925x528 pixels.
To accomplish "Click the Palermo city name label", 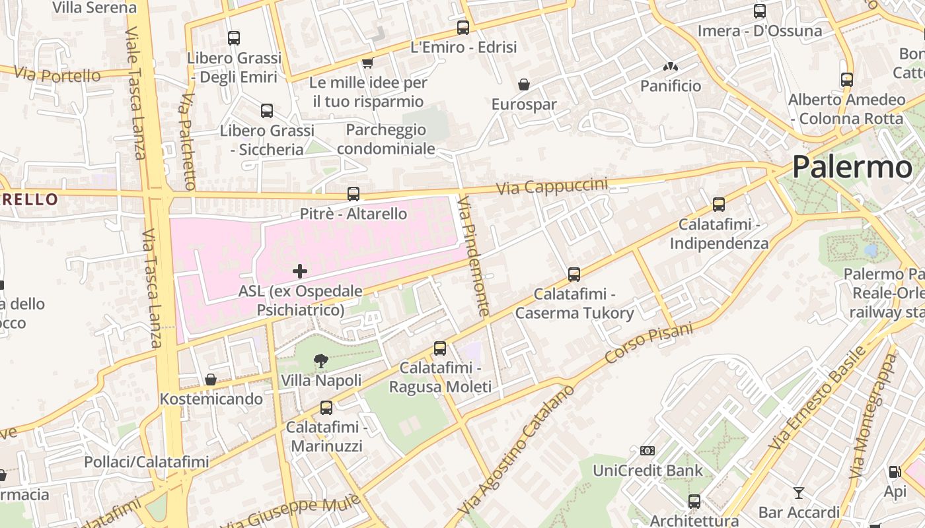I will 852,167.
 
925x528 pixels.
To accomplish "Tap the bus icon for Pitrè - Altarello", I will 353,194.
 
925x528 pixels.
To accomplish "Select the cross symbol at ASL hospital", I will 300,271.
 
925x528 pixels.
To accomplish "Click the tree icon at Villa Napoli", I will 321,360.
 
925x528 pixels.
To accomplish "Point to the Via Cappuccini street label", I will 551,185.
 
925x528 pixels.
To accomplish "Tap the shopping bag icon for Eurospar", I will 524,84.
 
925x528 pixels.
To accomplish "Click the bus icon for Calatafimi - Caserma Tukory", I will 574,274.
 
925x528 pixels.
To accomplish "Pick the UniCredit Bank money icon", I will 647,451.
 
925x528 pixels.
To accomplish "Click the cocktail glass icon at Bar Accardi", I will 798,492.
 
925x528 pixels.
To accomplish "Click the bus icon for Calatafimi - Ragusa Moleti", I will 440,348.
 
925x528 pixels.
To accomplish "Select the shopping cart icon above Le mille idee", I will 367,63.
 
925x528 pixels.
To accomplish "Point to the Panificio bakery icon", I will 671,67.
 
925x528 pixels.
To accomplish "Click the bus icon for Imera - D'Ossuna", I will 760,11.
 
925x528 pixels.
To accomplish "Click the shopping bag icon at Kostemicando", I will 211,379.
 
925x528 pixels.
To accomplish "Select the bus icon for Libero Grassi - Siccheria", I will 267,110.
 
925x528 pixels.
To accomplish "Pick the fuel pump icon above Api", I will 895,471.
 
